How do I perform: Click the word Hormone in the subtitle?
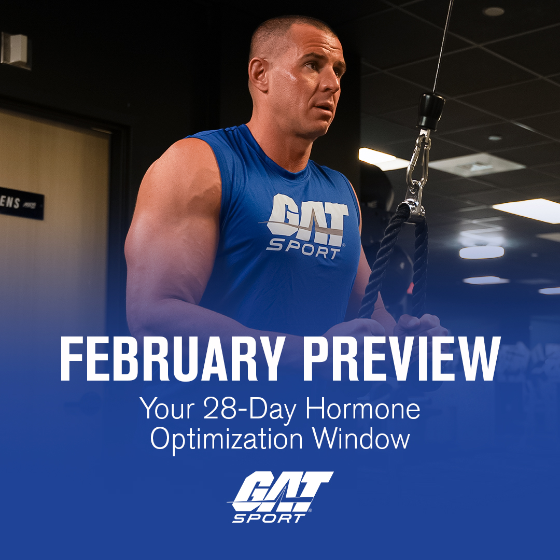362,410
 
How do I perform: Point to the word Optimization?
226,439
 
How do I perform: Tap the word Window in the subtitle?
362,439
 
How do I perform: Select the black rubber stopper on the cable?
431,110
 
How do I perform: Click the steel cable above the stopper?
442,47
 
